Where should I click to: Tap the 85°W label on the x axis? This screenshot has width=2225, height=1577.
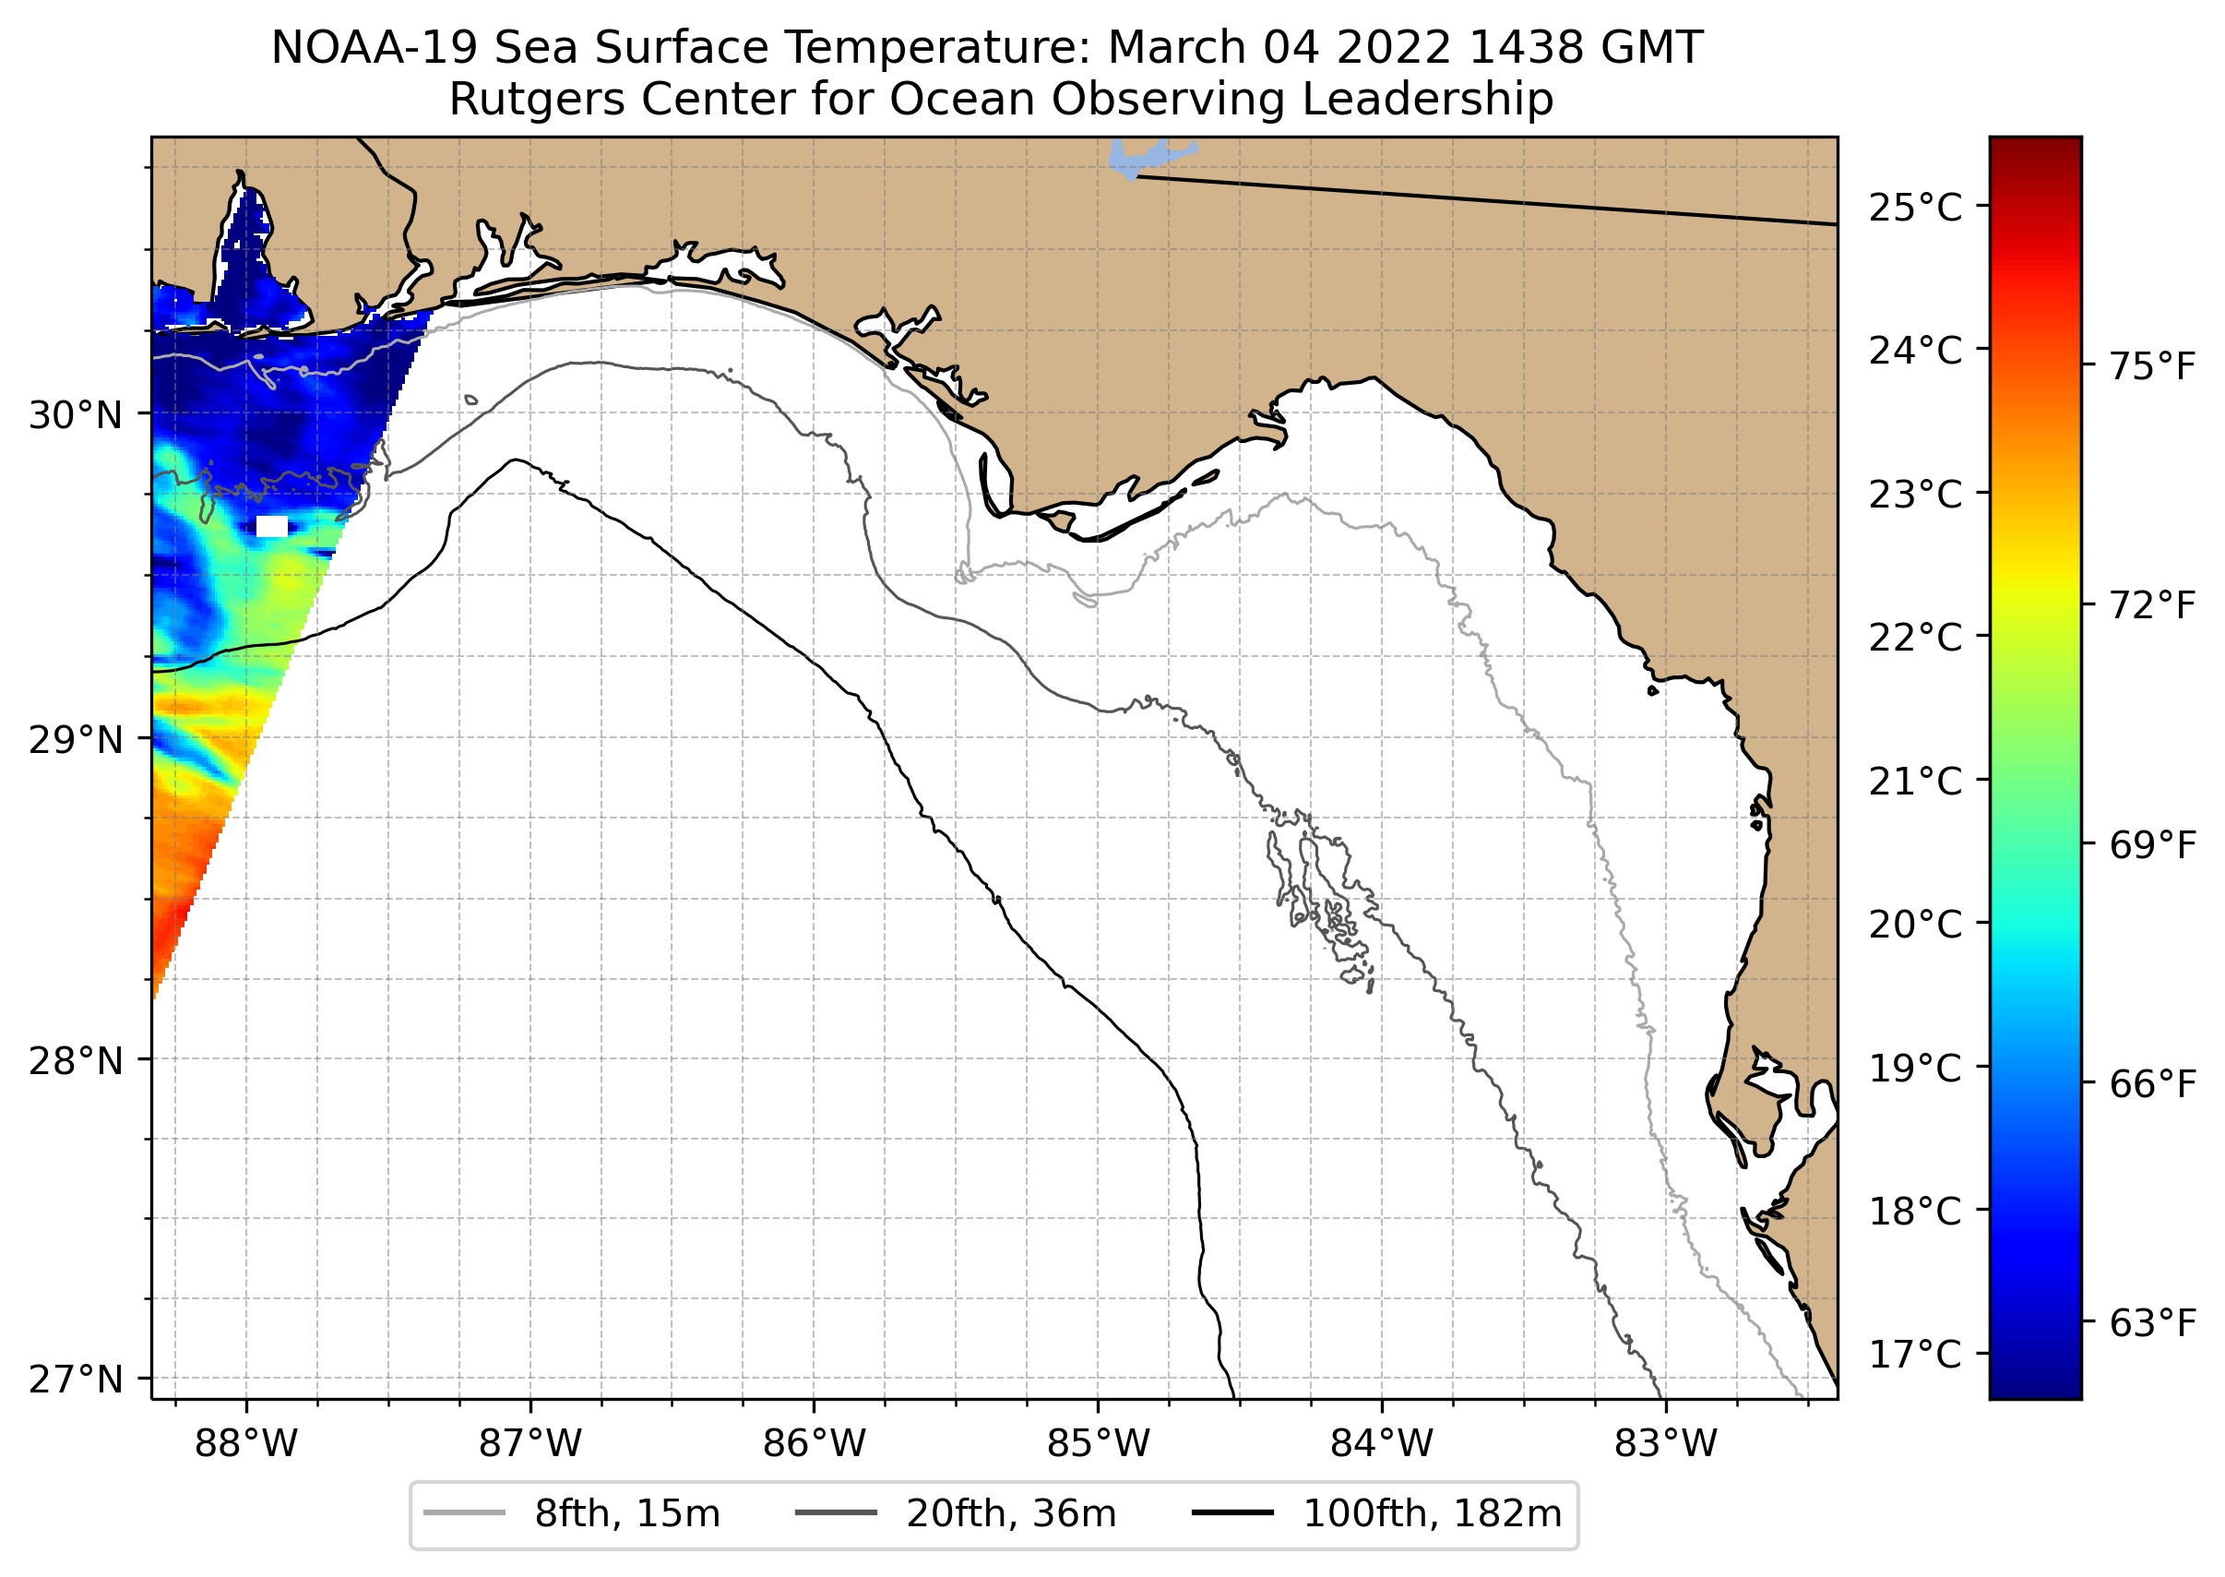tap(1098, 1444)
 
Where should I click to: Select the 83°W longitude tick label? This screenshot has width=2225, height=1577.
tap(1666, 1444)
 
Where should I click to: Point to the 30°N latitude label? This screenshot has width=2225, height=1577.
tap(76, 415)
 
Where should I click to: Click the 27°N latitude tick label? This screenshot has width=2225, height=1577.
tap(76, 1379)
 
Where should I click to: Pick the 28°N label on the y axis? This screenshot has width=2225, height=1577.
tap(76, 1061)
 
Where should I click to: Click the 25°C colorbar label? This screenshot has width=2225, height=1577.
tap(1915, 208)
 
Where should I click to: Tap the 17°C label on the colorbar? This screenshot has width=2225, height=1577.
tap(1915, 1353)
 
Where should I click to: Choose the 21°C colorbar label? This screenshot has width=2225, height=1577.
tap(1915, 781)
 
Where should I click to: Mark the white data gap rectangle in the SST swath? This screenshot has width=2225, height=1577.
tap(272, 526)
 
